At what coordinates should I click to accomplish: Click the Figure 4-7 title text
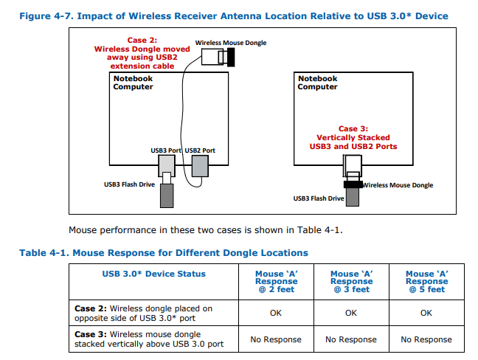233,15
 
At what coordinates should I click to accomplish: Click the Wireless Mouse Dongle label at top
231,43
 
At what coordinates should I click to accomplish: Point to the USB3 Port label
166,150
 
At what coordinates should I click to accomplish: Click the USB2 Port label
200,150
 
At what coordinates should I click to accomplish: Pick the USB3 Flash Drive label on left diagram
129,184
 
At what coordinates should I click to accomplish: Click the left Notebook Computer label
134,83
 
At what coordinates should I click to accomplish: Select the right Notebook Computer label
318,83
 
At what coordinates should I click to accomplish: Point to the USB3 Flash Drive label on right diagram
319,198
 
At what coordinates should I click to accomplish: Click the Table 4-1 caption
164,253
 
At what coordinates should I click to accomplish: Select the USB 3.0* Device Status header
153,274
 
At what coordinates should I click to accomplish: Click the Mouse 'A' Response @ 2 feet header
277,281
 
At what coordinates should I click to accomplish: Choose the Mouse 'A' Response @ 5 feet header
426,281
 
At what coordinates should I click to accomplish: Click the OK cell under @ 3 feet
351,313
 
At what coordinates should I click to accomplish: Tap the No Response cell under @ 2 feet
277,339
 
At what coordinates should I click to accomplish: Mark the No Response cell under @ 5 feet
426,339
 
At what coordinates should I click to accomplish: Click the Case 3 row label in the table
149,339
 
